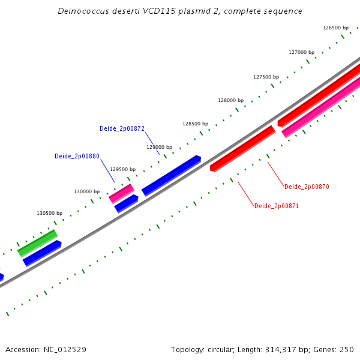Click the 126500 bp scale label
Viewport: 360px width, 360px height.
tap(335, 28)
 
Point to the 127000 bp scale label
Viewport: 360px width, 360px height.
tap(301, 52)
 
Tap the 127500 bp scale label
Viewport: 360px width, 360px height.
tap(266, 77)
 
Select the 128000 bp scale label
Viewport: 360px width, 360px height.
tap(230, 100)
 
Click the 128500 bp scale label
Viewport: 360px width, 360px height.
tap(195, 124)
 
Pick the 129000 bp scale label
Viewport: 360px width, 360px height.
tap(159, 146)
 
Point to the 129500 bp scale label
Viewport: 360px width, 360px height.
tap(122, 169)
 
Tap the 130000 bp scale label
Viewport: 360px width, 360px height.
tap(86, 191)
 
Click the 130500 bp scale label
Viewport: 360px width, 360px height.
tap(49, 213)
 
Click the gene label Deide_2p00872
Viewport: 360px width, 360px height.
tap(122, 128)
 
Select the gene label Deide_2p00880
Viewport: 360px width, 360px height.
tap(77, 156)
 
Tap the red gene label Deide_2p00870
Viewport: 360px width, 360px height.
tap(307, 187)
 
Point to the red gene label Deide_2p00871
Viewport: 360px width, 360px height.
tap(277, 206)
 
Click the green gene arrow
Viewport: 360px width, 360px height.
tap(37, 242)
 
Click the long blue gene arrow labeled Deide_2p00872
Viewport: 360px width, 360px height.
tap(171, 175)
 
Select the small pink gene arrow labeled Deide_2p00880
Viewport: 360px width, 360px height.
tap(121, 193)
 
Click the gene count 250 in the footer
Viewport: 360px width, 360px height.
tap(347, 349)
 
